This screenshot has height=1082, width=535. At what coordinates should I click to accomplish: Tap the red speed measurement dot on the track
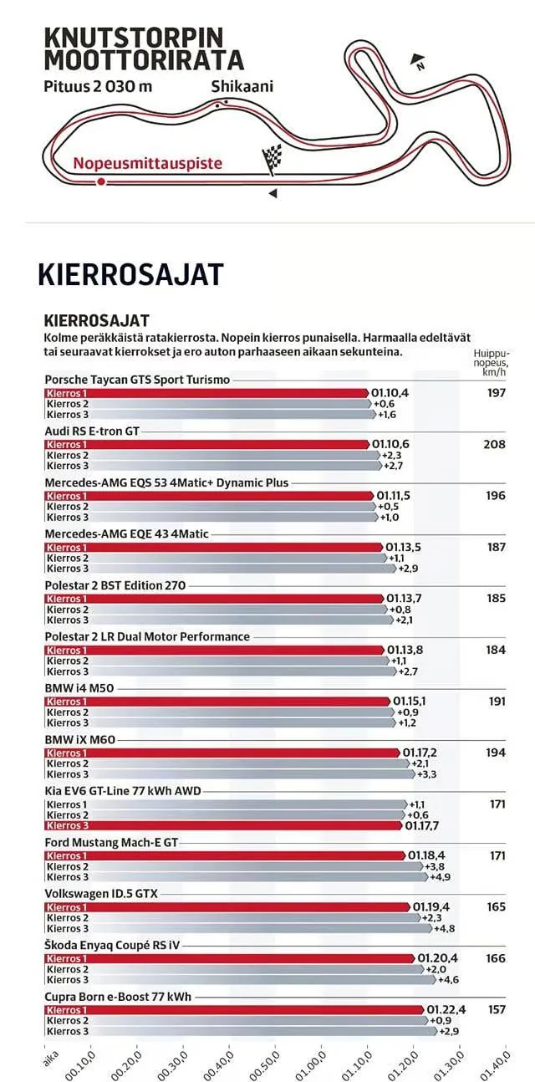[101, 181]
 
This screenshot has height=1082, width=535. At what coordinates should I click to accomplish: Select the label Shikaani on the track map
[242, 86]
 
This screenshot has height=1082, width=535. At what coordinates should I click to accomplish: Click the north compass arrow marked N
[417, 60]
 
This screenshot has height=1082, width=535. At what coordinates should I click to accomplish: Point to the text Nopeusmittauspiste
[147, 164]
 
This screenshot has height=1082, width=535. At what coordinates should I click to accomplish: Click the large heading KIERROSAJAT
[130, 274]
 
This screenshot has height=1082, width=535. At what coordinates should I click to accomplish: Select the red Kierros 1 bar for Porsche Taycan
[206, 392]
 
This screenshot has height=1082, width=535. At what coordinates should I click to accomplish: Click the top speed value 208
[494, 444]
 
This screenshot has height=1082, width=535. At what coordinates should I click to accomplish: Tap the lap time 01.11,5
[395, 496]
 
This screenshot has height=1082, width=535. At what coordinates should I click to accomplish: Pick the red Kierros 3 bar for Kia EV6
[222, 825]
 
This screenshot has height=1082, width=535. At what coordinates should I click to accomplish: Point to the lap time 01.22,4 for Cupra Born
[446, 1009]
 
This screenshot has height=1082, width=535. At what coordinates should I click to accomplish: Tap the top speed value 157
[496, 1009]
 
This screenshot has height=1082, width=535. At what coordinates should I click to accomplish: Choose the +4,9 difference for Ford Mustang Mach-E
[439, 877]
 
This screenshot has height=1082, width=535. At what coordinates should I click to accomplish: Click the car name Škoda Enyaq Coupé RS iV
[112, 946]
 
